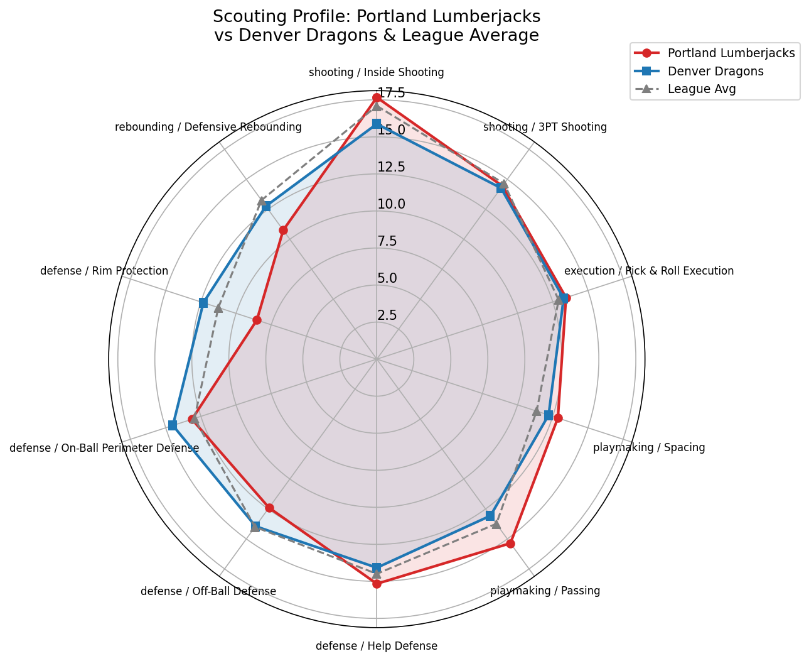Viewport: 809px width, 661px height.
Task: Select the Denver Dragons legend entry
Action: [x=715, y=71]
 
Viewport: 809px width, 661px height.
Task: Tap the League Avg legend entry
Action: [x=701, y=89]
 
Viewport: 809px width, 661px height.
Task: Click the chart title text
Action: [x=377, y=26]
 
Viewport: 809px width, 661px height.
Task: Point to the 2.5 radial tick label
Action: [x=387, y=315]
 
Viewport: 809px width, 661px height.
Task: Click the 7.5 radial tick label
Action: [x=387, y=241]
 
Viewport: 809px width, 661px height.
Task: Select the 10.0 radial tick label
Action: [x=391, y=204]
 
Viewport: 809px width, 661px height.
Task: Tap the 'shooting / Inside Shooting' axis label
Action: [x=377, y=72]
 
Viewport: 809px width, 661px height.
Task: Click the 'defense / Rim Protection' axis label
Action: [x=104, y=271]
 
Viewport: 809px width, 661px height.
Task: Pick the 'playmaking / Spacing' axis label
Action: [x=649, y=448]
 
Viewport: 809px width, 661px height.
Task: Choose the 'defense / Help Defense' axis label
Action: [x=377, y=646]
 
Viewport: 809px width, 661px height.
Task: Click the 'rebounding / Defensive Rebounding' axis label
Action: [x=208, y=127]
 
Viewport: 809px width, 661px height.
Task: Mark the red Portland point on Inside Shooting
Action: [x=377, y=97]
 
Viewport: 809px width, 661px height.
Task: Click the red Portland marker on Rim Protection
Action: [x=257, y=320]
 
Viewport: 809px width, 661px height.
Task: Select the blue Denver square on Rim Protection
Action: [x=203, y=303]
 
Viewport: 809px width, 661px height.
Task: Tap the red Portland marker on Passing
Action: [x=510, y=544]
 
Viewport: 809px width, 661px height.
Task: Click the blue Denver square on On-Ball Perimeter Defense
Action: [x=173, y=426]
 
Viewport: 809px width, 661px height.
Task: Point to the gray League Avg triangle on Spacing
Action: [x=537, y=412]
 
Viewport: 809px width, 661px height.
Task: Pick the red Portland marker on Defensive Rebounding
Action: [x=283, y=231]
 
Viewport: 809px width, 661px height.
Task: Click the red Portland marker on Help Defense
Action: [x=377, y=584]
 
